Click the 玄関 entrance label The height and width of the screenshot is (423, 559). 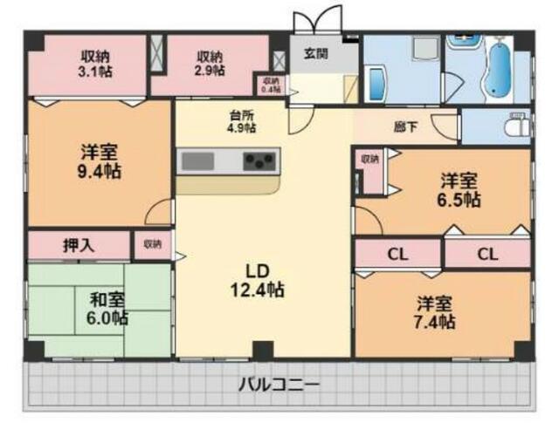[316, 54]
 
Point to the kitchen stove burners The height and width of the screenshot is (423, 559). [260, 161]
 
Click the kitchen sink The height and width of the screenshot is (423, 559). [199, 161]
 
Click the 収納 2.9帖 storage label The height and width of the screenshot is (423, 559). [210, 62]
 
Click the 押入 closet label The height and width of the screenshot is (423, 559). [79, 245]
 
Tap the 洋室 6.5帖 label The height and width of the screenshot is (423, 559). [459, 190]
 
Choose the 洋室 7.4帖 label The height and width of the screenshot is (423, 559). [434, 312]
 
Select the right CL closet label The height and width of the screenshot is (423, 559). [487, 255]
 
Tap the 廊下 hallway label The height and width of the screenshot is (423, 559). [405, 127]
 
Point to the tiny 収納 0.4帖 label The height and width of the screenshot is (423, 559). [268, 85]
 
